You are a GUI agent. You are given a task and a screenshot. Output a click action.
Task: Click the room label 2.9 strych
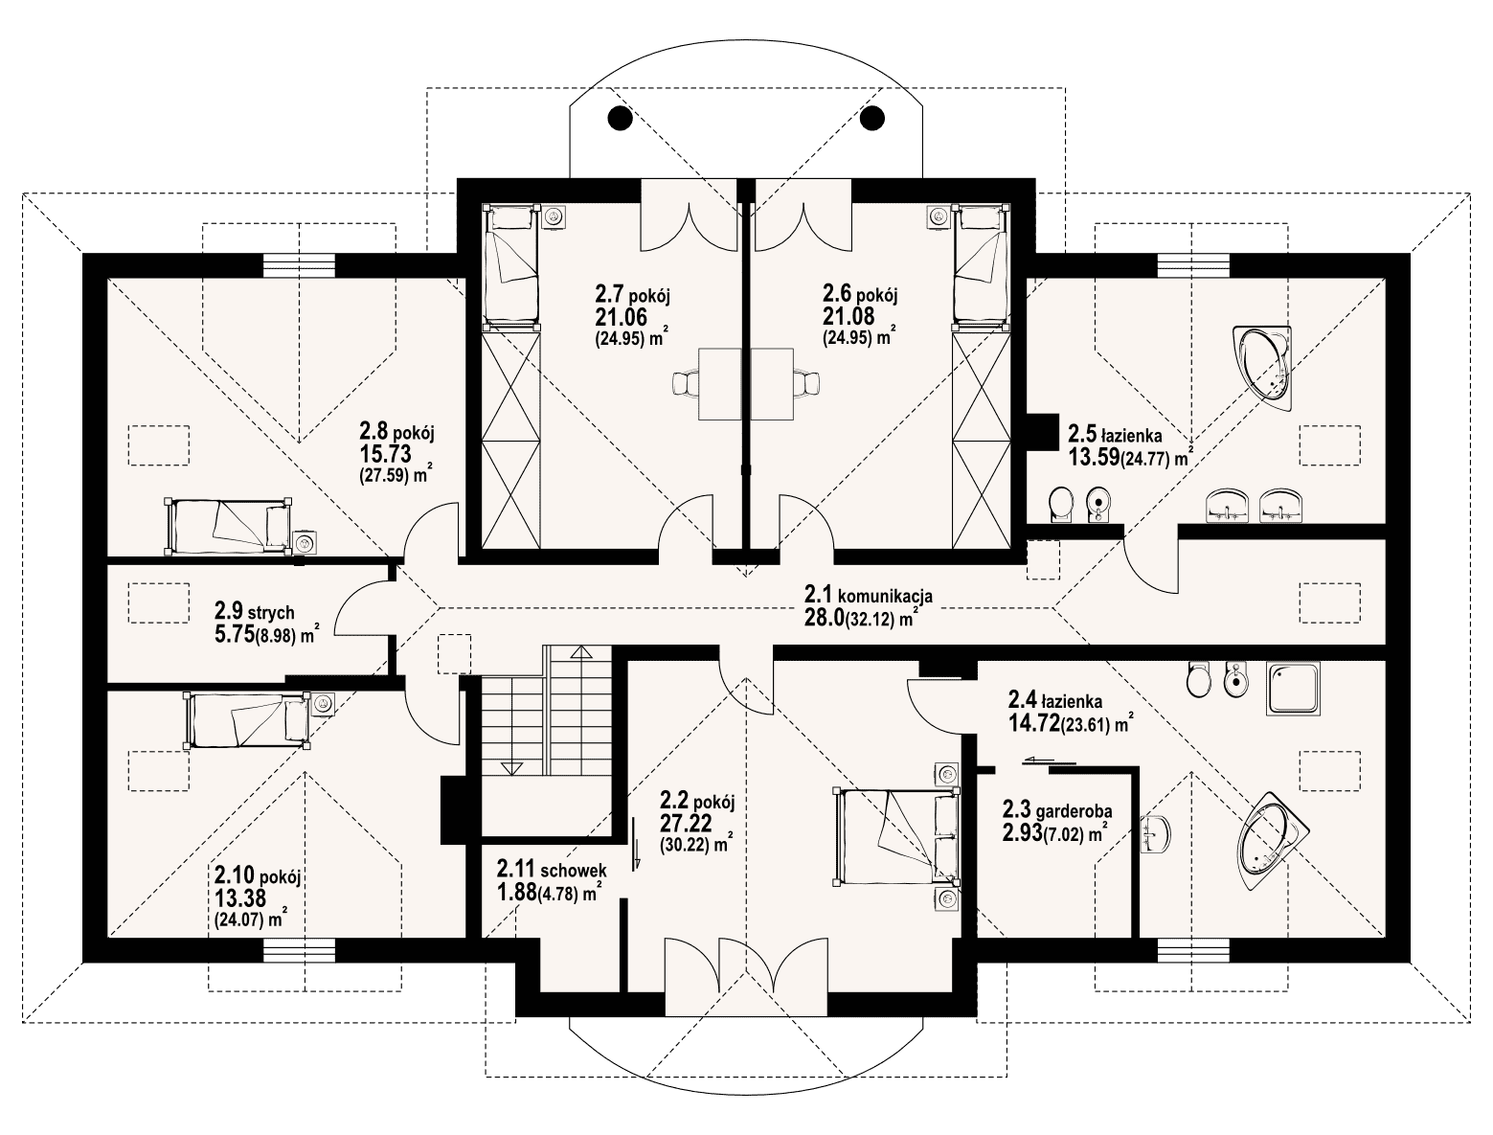coord(255,612)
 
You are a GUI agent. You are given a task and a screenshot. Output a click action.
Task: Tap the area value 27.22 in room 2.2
coord(686,823)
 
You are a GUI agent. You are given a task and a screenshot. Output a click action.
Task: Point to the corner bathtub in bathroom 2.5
coord(1263,368)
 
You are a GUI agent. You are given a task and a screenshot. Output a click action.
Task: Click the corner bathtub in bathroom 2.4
coord(1271,841)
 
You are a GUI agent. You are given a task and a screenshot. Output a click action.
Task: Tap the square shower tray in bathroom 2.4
coord(1292,689)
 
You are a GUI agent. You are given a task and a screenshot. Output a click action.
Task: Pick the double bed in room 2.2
coord(896,836)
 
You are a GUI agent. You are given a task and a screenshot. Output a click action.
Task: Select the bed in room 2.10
coord(248,720)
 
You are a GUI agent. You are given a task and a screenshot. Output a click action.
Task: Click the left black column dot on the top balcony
coord(620,119)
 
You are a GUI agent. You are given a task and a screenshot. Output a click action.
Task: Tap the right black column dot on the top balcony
coord(872,119)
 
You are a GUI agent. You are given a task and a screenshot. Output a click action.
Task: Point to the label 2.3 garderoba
coord(1057,811)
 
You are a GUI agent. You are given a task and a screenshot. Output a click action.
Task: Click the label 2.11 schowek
coord(552,869)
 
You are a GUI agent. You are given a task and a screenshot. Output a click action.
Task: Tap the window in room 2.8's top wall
coord(299,265)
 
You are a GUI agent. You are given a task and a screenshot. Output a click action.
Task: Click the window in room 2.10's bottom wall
coord(299,950)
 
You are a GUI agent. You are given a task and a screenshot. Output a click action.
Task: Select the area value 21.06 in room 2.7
coord(621,317)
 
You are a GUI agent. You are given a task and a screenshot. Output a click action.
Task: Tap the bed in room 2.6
coord(980,263)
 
